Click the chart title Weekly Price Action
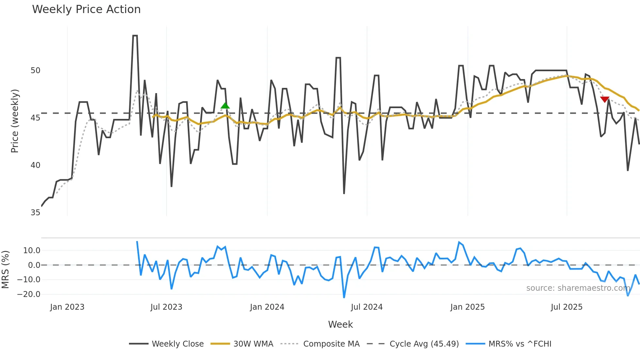(86, 9)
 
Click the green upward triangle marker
(225, 106)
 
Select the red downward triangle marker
(605, 99)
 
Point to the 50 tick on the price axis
(35, 71)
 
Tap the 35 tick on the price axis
(35, 213)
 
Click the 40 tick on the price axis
(35, 165)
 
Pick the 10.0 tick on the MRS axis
(31, 251)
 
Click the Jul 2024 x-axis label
(367, 307)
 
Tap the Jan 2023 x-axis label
(67, 307)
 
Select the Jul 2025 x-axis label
(567, 307)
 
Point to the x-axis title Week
(340, 324)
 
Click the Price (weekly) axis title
(15, 121)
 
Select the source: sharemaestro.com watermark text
(578, 288)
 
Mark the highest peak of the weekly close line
(135, 36)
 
